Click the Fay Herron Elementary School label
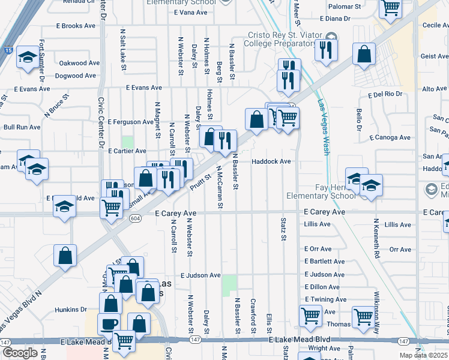pyautogui.click(x=321, y=191)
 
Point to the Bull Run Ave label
pyautogui.click(x=22, y=127)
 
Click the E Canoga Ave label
pyautogui.click(x=390, y=137)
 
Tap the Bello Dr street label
pyautogui.click(x=359, y=120)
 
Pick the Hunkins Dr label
pyautogui.click(x=71, y=310)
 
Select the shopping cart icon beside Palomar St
pyautogui.click(x=390, y=7)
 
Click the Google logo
pyautogui.click(x=20, y=353)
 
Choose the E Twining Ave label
pyautogui.click(x=325, y=299)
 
